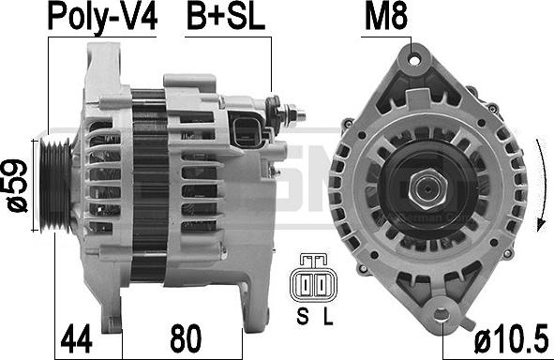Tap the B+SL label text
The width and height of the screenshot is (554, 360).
224,17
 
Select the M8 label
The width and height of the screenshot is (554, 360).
385,17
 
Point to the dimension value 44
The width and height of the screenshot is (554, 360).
79,335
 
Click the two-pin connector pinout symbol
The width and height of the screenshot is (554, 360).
316,280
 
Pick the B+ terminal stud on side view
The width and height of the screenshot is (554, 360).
292,116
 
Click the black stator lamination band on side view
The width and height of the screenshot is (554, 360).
146,183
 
